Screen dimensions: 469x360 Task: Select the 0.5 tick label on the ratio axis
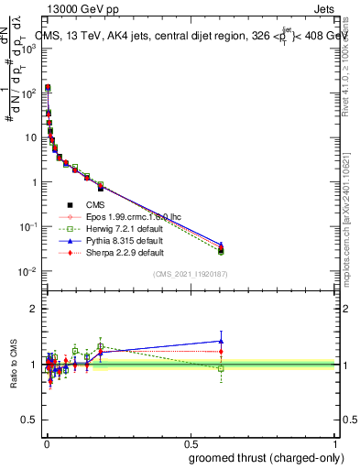click(x=28, y=420)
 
